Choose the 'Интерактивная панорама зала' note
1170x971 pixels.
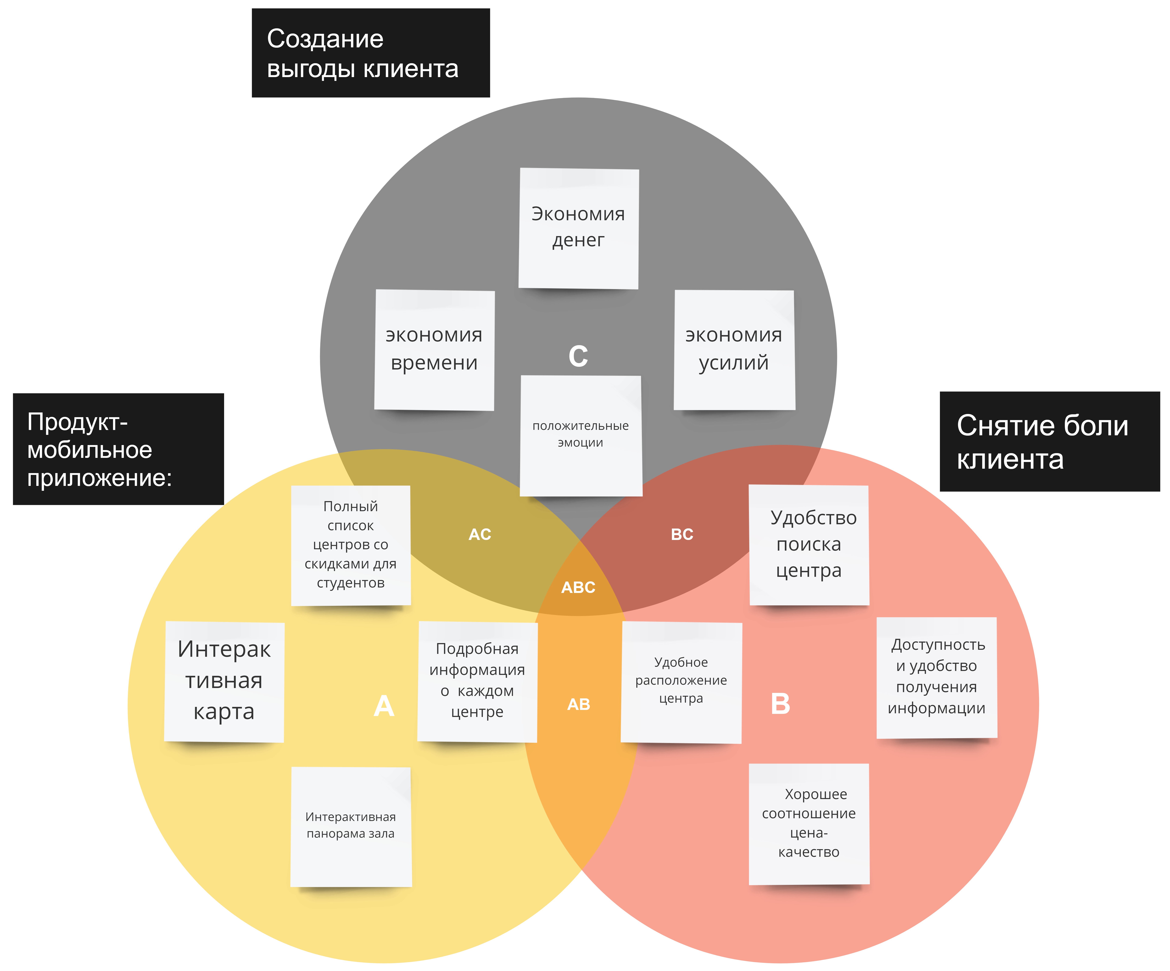tap(350, 826)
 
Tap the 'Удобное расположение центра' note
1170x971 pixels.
tap(681, 681)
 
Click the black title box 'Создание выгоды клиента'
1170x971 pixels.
tap(371, 53)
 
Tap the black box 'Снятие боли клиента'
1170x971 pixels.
tap(1049, 441)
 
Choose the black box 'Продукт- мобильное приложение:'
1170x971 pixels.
tap(118, 449)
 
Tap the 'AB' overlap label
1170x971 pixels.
tap(578, 705)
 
